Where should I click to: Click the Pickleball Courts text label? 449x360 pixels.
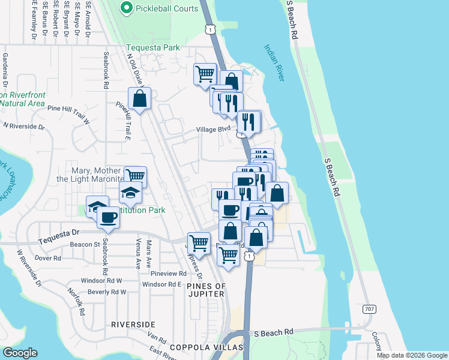point(167,8)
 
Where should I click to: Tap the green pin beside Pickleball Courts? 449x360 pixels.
point(126,8)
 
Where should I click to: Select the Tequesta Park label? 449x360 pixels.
point(153,47)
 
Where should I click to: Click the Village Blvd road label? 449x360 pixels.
point(213,129)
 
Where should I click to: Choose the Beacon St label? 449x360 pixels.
point(85,245)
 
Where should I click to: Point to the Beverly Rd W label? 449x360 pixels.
point(107,292)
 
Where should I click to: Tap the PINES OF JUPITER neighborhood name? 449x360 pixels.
point(205,290)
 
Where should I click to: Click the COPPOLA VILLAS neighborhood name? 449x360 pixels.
point(206,347)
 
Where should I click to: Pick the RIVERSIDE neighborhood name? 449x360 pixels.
point(133,324)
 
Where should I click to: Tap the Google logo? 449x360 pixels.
point(21,353)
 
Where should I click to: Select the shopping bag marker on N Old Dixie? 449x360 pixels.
point(139,99)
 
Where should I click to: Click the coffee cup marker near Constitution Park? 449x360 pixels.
point(108,217)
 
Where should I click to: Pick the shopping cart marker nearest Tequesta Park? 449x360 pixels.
point(205,74)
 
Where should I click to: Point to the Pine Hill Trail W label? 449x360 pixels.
point(68,109)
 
